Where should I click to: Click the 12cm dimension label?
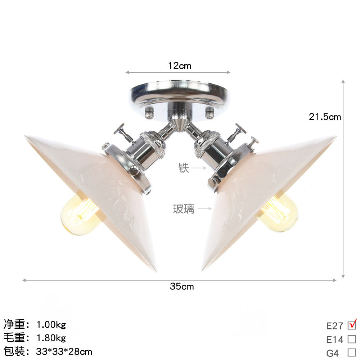[x=180, y=66]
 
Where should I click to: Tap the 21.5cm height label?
[x=325, y=117]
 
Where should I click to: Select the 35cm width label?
[x=182, y=286]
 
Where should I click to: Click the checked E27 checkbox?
[x=352, y=325]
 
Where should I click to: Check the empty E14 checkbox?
[x=352, y=339]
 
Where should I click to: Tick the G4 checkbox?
[x=352, y=352]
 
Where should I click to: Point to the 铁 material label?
[x=184, y=168]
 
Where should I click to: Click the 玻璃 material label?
[x=184, y=208]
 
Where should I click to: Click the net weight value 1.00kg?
[x=51, y=325]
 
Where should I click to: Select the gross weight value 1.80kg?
[x=51, y=338]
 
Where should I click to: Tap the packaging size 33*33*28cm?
[x=64, y=351]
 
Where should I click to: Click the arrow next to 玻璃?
[x=206, y=208]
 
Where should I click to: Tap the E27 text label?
[x=335, y=326]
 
